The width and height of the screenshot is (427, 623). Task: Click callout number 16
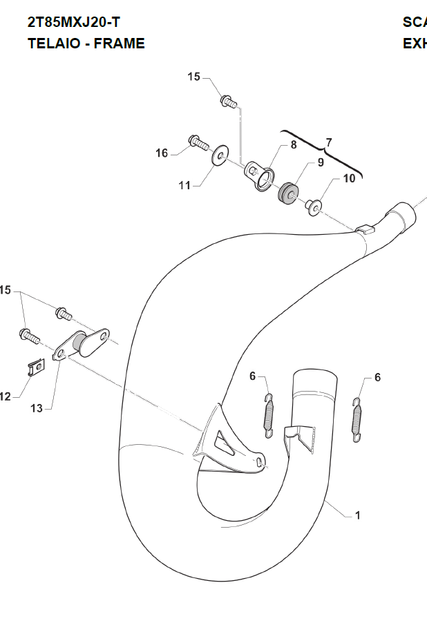[161, 153]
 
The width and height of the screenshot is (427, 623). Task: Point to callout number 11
[184, 185]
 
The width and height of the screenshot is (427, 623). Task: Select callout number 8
[293, 145]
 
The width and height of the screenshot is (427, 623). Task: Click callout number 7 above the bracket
[329, 142]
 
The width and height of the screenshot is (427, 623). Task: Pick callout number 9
[321, 163]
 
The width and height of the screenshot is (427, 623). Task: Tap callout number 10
[349, 178]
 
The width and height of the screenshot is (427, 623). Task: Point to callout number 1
[357, 515]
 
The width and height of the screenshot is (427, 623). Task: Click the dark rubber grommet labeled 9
[289, 191]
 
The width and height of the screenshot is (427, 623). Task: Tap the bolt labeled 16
[198, 143]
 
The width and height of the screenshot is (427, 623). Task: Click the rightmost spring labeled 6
[357, 419]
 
